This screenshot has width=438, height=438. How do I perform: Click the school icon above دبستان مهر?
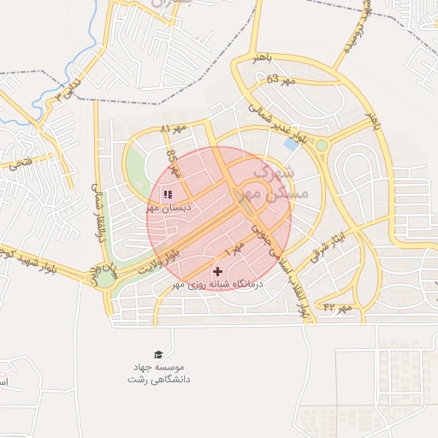pyautogui.click(x=168, y=194)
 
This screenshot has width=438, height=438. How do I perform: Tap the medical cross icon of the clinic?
pyautogui.click(x=217, y=271)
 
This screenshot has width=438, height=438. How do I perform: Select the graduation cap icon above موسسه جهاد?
pyautogui.click(x=157, y=354)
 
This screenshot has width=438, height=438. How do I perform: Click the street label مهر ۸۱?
pyautogui.click(x=172, y=128)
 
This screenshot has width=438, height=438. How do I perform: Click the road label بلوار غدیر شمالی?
pyautogui.click(x=279, y=122)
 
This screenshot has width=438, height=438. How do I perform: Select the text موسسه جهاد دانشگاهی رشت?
pyautogui.click(x=158, y=372)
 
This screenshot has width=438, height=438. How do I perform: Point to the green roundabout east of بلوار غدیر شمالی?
pyautogui.click(x=322, y=145)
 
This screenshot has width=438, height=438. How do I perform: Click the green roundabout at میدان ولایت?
pyautogui.click(x=105, y=275)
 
